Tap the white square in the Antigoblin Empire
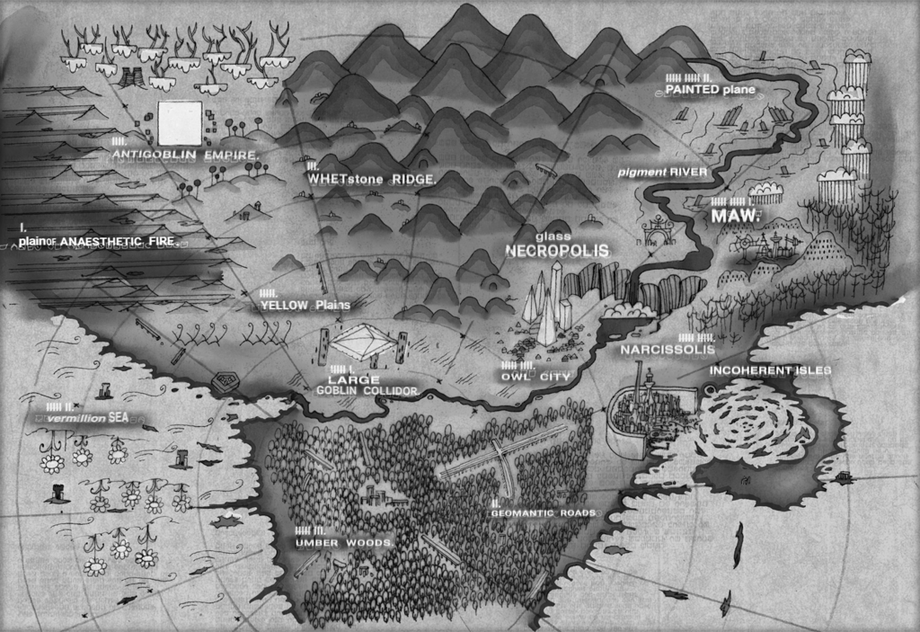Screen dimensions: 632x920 click(180, 122)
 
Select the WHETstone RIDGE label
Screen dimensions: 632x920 click(371, 180)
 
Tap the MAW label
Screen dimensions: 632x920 click(735, 216)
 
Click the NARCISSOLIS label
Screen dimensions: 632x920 click(667, 349)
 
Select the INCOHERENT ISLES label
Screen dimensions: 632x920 click(770, 369)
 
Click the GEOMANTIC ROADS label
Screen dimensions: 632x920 click(543, 512)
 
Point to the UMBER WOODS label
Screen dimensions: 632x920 click(344, 544)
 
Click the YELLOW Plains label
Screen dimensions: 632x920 click(297, 306)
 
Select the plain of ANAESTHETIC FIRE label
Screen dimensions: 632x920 click(97, 240)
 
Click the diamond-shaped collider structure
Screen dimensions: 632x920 click(365, 340)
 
